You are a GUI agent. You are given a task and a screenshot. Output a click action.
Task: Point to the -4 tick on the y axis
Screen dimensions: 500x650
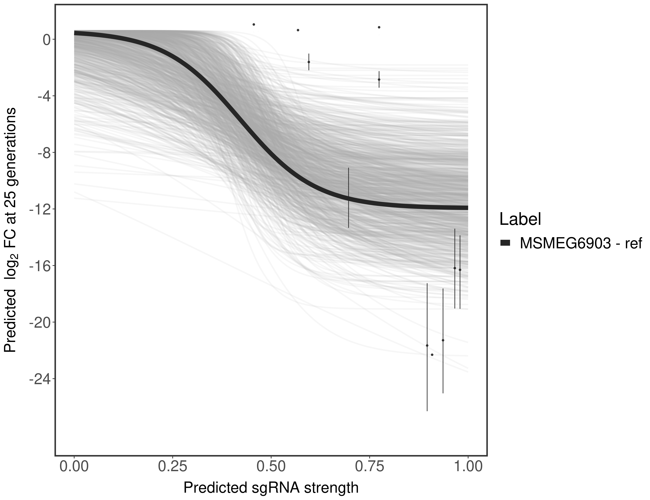(x=42, y=96)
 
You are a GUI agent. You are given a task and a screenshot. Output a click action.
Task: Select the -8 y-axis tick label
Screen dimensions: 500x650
(x=42, y=153)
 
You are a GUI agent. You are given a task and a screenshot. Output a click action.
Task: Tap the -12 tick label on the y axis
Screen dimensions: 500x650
(x=38, y=209)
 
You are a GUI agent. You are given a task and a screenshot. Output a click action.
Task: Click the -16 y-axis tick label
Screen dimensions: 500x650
(x=38, y=266)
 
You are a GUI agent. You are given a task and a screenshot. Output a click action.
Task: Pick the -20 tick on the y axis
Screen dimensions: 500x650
(x=38, y=322)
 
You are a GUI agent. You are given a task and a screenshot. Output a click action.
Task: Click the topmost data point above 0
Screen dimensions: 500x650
(x=253, y=24)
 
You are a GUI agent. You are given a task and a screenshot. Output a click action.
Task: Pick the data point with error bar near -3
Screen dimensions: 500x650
(x=379, y=79)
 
